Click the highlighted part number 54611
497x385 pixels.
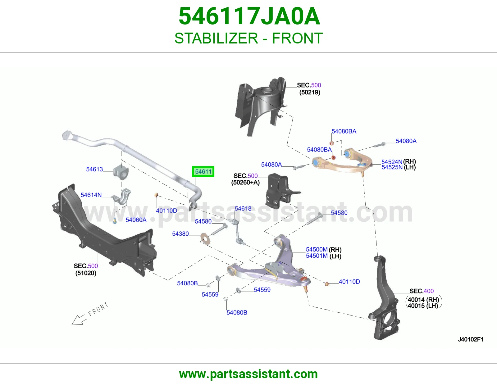203,171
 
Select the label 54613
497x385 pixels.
94,169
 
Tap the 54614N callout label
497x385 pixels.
91,195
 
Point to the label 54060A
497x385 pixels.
136,220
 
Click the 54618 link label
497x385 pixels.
243,209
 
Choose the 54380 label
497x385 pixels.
180,234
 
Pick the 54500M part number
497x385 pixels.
317,249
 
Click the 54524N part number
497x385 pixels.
392,162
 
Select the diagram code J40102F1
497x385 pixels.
471,339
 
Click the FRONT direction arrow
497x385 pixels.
79,319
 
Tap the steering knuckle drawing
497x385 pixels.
384,297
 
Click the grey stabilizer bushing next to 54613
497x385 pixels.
121,172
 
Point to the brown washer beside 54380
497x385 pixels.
205,239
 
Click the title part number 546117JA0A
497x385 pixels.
249,16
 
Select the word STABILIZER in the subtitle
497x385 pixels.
216,38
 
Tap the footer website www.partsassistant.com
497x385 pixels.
248,374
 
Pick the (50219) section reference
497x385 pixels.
310,92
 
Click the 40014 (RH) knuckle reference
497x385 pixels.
423,300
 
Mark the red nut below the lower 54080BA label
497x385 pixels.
334,157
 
